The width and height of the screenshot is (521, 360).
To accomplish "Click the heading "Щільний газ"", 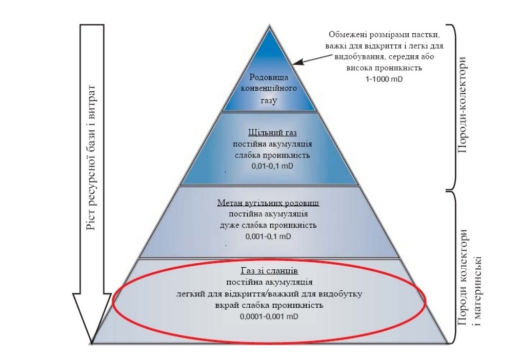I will pos(270,133).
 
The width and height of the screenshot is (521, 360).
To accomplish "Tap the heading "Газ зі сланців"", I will pos(269,270).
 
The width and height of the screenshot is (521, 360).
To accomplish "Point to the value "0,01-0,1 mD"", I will pos(270,167).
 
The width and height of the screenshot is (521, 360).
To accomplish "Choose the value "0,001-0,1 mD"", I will pos(269,236).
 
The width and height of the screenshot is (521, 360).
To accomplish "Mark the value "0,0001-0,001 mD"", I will pos(269,317).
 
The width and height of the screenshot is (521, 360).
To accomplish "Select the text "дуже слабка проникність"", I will pos(269,225).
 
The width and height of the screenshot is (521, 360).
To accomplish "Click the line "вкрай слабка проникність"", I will pos(269,305).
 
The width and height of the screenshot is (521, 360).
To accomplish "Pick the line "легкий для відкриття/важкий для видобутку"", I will pos(269,294).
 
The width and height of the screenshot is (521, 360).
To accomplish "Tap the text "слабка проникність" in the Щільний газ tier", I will pos(270,155).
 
